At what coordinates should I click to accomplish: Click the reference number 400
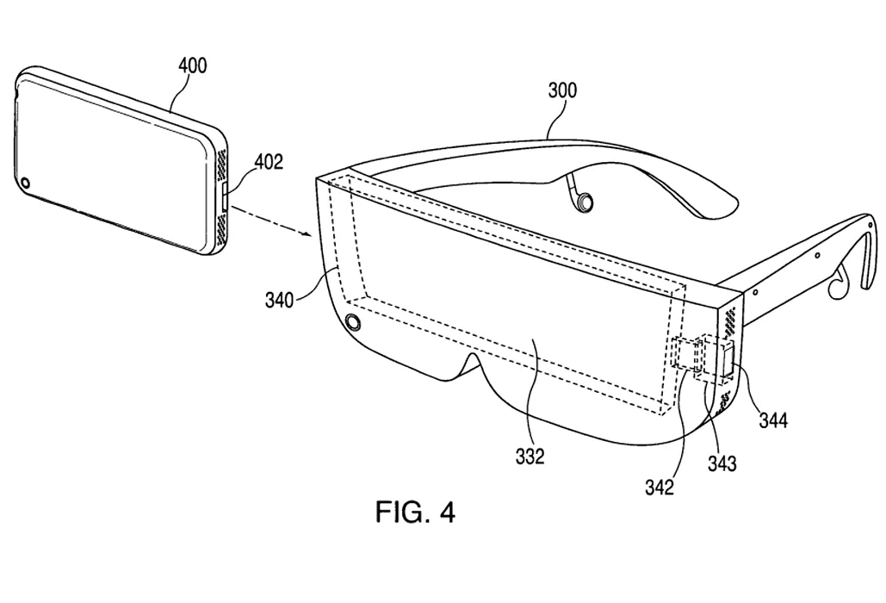click(192, 66)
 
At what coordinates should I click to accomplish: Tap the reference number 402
click(268, 163)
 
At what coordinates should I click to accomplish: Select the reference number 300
click(561, 90)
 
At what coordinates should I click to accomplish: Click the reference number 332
click(530, 456)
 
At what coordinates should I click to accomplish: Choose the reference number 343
click(722, 463)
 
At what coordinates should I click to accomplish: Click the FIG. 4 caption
click(415, 513)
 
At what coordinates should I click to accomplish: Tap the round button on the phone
click(28, 183)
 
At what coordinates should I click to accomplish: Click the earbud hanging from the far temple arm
click(585, 202)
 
